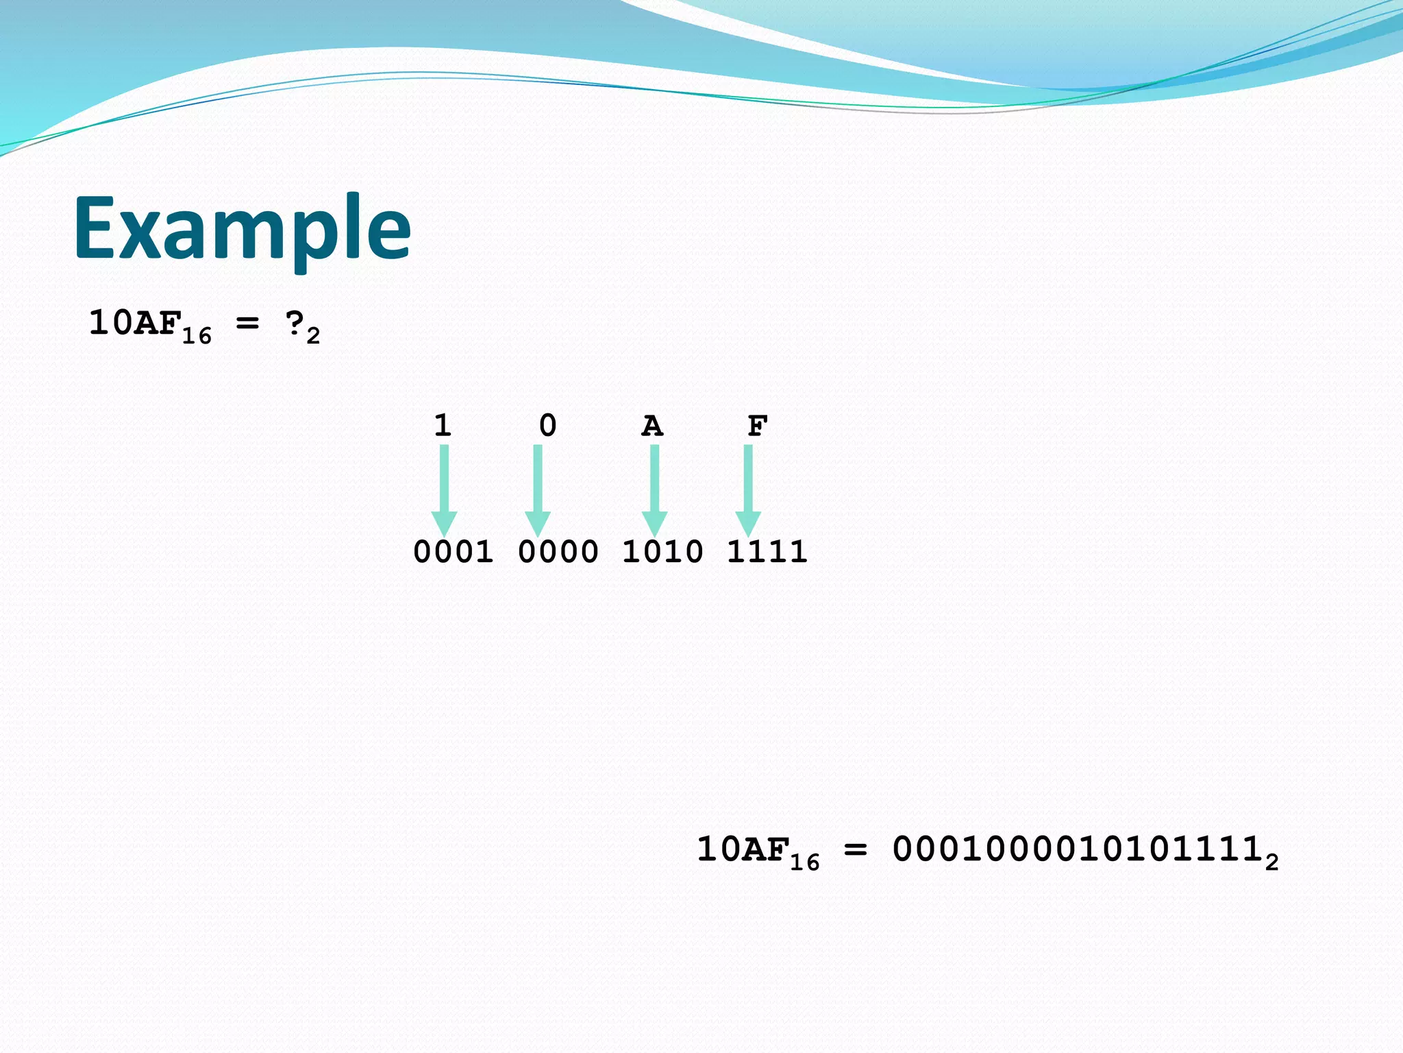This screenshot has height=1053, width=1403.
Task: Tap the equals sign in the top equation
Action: point(247,322)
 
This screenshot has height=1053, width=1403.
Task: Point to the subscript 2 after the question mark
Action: point(313,336)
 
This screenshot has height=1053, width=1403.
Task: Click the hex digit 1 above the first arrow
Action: point(443,426)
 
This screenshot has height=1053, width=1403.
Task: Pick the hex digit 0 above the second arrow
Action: point(547,426)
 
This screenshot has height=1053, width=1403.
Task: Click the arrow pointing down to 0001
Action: point(444,489)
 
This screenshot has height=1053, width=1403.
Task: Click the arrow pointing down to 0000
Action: point(538,489)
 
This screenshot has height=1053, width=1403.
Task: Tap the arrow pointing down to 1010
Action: point(654,489)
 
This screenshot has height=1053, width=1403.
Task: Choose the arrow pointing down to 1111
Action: point(748,489)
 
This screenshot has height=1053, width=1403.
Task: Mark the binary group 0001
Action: point(453,552)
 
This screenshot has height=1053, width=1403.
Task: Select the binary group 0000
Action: point(558,552)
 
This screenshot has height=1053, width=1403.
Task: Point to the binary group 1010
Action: point(662,552)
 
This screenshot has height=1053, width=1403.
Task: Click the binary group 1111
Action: point(767,552)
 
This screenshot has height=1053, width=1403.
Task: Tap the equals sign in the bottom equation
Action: point(856,850)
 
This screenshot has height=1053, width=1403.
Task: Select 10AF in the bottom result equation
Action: point(742,849)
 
